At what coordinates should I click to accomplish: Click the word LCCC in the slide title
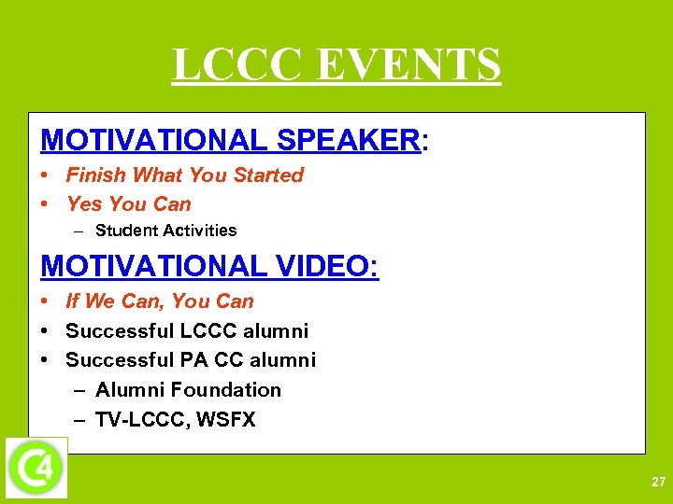coord(238,65)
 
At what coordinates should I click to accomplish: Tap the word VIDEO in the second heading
coord(327,266)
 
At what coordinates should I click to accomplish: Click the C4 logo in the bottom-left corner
coord(36,467)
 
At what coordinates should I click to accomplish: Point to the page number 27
coord(658,483)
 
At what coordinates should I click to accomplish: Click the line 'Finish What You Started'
coord(184,175)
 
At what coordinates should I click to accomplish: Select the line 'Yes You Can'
coord(128,204)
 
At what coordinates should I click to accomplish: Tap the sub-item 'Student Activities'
coord(165,231)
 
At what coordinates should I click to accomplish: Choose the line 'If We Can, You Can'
coord(159,301)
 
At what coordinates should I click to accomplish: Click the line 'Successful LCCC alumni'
coord(187,331)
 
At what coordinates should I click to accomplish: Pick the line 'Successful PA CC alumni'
coord(191,360)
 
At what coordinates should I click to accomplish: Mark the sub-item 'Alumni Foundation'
coord(188,390)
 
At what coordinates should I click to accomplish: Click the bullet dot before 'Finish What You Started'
coord(46,175)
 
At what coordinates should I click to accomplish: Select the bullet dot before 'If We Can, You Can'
coord(46,301)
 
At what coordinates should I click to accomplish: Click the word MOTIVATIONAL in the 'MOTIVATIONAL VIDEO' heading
coord(150,266)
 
